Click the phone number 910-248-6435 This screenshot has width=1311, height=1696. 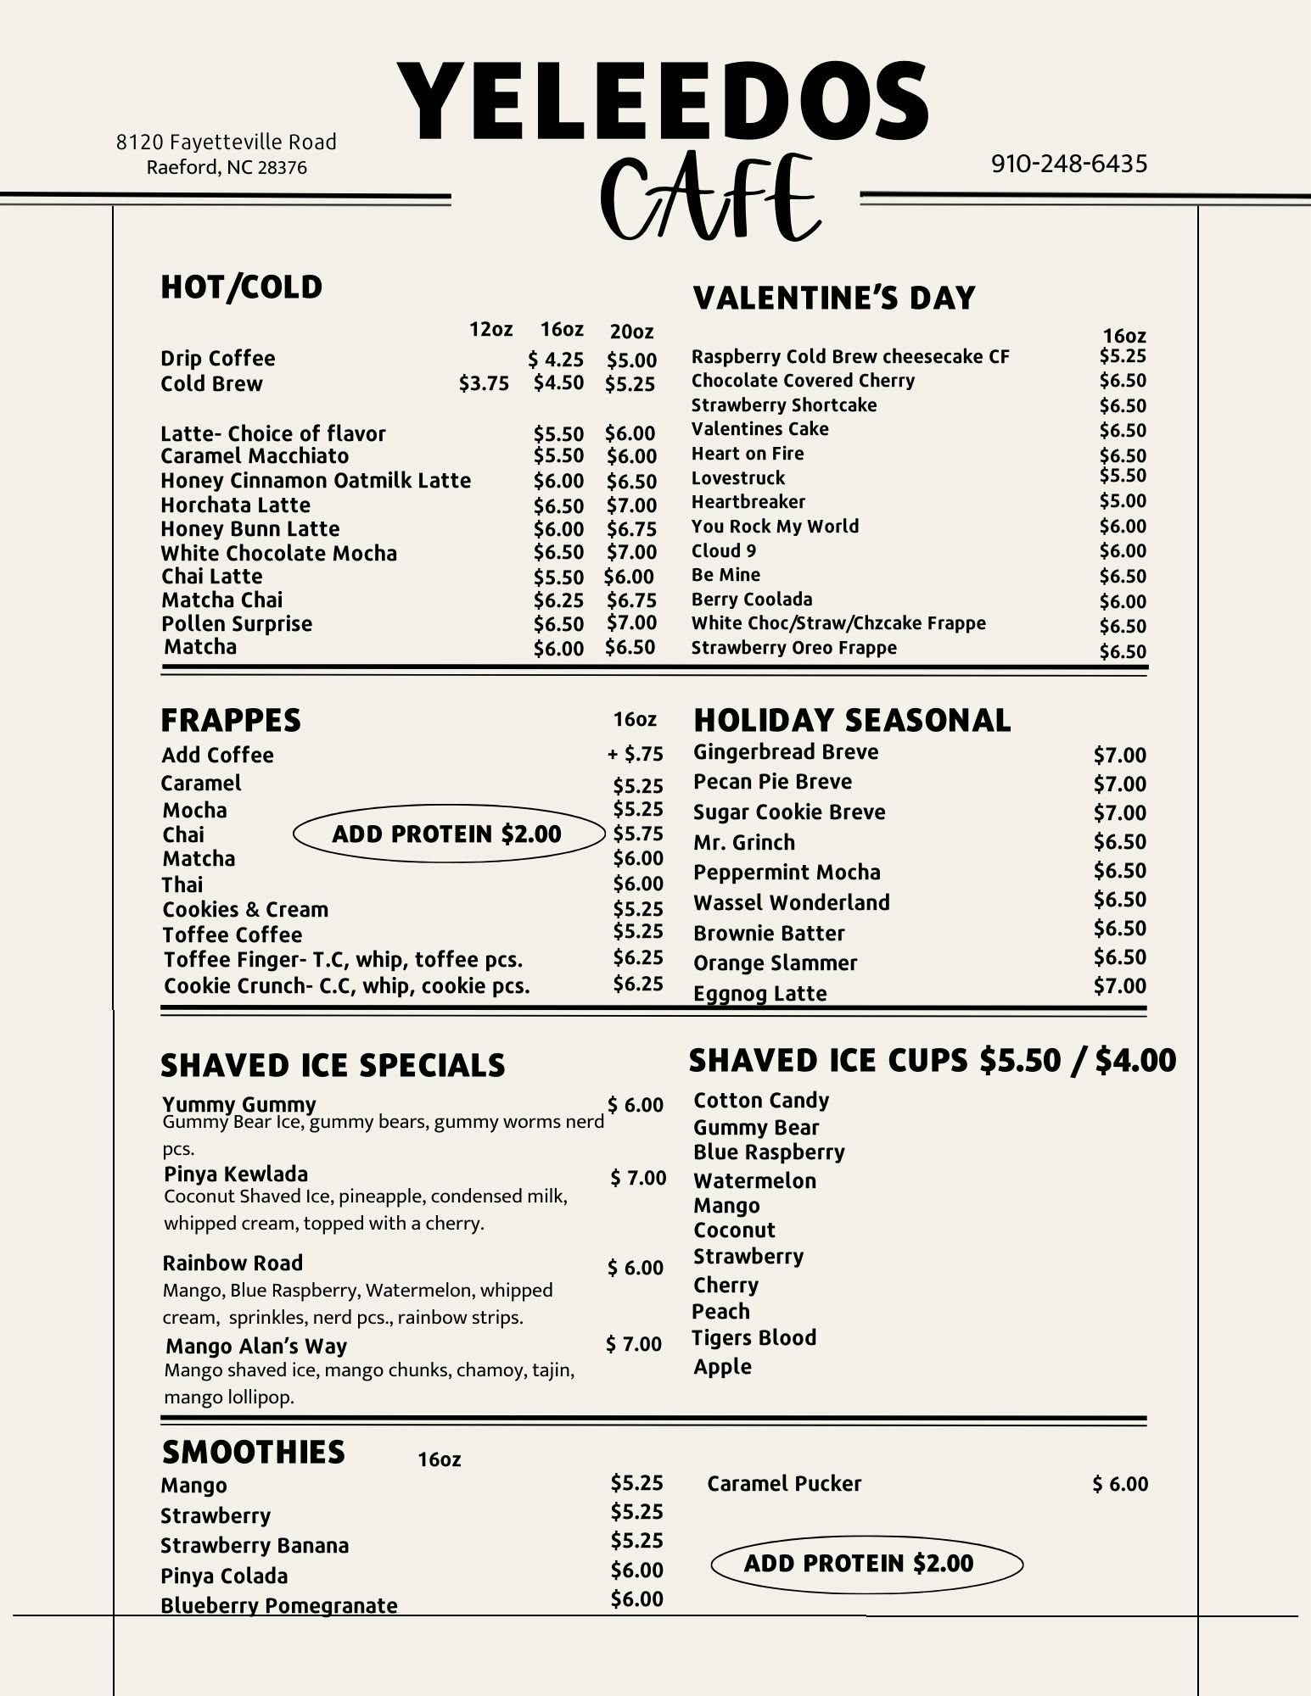pos(1068,163)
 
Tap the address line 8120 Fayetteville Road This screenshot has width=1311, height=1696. pos(227,142)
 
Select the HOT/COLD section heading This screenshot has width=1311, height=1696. pos(242,287)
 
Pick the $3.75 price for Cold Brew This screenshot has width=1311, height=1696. pos(484,384)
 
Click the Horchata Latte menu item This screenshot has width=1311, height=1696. pos(236,505)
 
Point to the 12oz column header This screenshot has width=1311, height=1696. pos(490,329)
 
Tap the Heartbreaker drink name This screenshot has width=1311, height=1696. pos(748,502)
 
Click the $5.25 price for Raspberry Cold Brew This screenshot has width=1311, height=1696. pos(1122,356)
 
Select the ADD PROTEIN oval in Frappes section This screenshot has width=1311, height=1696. pos(447,834)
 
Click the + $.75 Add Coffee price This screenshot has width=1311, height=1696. pos(636,754)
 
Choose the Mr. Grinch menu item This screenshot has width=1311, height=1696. pos(744,843)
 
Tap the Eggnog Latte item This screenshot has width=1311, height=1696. pos(759,993)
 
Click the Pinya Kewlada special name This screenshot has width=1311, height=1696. pos(236,1174)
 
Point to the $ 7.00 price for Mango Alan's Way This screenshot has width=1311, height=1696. pos(633,1344)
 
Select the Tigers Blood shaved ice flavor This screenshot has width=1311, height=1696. pos(754,1338)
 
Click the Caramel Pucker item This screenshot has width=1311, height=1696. pos(784,1484)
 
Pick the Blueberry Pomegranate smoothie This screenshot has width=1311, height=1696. pos(279,1606)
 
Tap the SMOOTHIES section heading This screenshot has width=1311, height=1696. pos(254,1453)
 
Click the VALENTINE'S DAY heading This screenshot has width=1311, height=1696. pos(834,298)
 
